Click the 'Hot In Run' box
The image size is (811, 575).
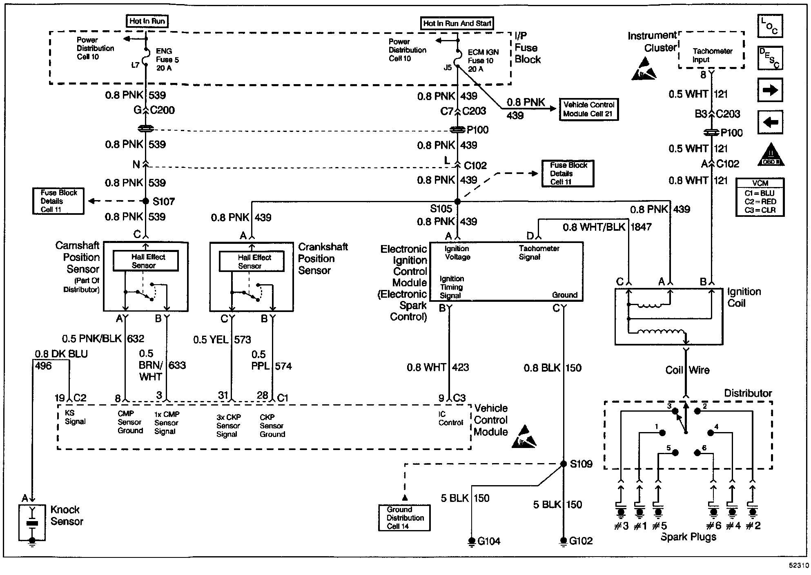(x=147, y=21)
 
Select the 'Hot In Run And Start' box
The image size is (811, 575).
(x=457, y=23)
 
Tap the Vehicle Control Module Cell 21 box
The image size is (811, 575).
(x=588, y=109)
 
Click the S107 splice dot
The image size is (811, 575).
(x=146, y=201)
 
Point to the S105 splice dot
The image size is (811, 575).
(x=457, y=201)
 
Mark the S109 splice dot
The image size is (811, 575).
(x=563, y=464)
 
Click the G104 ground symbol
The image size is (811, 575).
(x=472, y=541)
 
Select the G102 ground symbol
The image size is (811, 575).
(x=563, y=541)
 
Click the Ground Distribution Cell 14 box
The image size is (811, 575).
(x=404, y=518)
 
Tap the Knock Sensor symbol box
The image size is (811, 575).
(x=32, y=523)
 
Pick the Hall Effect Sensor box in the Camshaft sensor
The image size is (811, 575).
(x=146, y=261)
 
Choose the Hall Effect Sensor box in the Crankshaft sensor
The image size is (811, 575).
(x=252, y=261)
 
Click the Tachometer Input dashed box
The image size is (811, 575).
(x=711, y=50)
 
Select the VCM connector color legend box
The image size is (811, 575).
(x=760, y=197)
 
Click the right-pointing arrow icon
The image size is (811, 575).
(x=770, y=90)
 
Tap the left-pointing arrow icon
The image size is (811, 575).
(x=770, y=122)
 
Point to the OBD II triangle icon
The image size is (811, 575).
(x=771, y=156)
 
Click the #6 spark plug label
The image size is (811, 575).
(x=713, y=526)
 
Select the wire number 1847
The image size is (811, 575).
(x=641, y=227)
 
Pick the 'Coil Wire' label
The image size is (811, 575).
(x=687, y=370)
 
